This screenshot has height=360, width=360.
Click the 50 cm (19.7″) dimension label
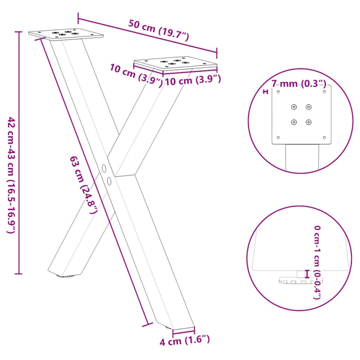click(x=158, y=30)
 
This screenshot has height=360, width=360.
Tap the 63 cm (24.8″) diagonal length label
click(x=84, y=184)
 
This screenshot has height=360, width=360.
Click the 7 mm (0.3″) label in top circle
click(x=298, y=83)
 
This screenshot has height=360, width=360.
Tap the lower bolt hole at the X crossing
click(x=109, y=181)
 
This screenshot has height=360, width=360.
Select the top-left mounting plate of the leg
click(x=66, y=34)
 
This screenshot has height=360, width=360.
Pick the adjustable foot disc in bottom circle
click(x=295, y=280)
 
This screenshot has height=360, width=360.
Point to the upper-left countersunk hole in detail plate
click(x=294, y=107)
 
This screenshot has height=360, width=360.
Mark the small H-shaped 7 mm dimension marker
click(x=265, y=92)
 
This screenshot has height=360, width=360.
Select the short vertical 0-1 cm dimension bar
click(x=307, y=274)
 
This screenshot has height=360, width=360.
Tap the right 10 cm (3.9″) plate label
click(x=193, y=81)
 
